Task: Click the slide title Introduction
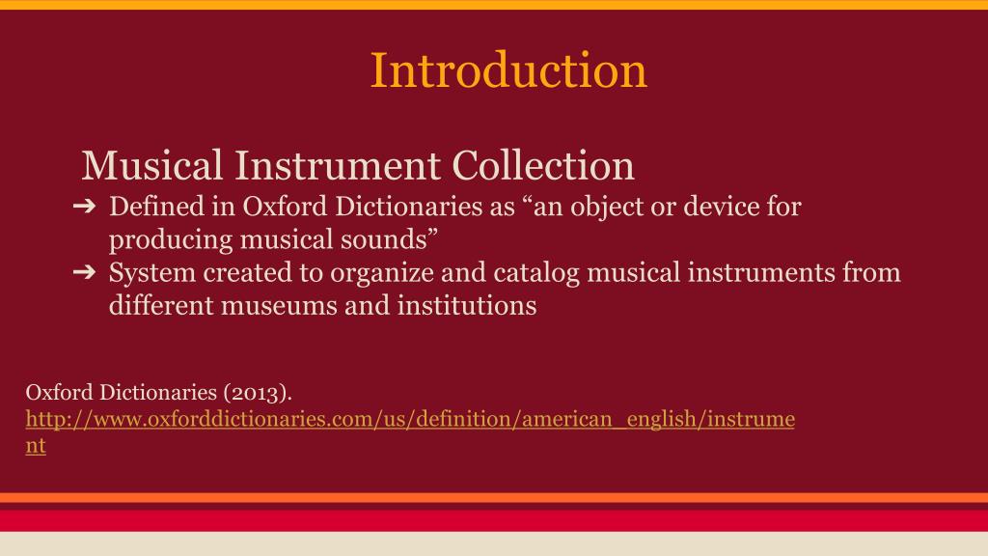(x=508, y=70)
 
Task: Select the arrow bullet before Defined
(x=84, y=207)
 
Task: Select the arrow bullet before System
(x=84, y=273)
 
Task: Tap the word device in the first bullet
(x=713, y=207)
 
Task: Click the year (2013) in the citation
(x=257, y=393)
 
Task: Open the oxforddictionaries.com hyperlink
(x=409, y=420)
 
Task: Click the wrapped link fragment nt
(x=36, y=447)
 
